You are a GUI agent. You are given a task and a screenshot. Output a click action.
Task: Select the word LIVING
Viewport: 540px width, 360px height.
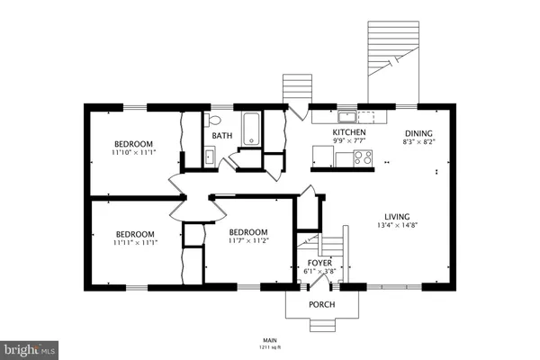397,217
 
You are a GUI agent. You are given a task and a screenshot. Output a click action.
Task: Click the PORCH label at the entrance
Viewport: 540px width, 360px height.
321,305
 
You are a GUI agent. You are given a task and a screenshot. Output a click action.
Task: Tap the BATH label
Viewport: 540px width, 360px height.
222,137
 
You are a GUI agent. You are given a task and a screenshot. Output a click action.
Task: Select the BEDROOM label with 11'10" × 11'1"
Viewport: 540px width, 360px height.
133,144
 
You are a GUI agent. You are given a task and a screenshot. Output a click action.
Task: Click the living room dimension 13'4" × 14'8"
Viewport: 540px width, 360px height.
397,227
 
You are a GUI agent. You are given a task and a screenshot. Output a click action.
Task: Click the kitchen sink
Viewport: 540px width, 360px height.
346,116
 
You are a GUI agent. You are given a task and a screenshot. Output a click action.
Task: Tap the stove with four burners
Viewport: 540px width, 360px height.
363,158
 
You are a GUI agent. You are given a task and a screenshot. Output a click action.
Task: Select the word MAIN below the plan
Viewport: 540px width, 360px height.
270,338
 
